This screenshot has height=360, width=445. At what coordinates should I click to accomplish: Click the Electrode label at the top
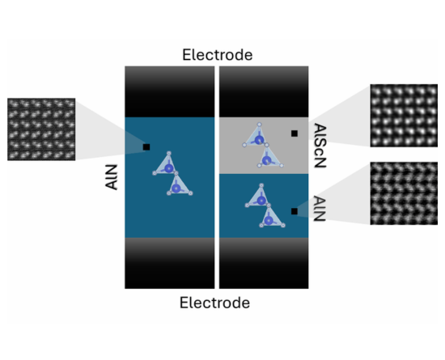click(218, 55)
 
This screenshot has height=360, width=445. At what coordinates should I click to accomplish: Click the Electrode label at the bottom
click(215, 303)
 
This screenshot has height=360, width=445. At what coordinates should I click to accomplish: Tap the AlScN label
click(320, 146)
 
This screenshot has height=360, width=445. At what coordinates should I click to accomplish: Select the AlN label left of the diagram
click(112, 177)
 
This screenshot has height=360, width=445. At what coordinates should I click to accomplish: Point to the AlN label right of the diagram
click(320, 209)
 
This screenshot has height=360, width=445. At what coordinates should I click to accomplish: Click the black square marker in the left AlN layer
click(146, 147)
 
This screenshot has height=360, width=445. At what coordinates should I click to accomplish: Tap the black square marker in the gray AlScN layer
click(295, 133)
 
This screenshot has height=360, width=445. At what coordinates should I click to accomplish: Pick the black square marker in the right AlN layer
click(295, 211)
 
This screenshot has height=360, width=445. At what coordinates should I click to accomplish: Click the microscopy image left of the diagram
click(41, 129)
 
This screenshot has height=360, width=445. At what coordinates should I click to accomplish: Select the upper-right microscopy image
click(404, 116)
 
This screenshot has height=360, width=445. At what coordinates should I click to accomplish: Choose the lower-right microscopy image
click(404, 193)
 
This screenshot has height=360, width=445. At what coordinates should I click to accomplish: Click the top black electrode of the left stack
click(170, 91)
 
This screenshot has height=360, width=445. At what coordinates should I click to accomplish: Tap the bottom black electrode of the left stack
click(170, 263)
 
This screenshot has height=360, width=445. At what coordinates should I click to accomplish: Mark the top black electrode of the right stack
click(264, 91)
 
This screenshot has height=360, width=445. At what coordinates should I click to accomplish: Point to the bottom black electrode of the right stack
click(264, 263)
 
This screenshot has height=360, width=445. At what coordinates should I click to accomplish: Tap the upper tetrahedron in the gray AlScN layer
click(255, 137)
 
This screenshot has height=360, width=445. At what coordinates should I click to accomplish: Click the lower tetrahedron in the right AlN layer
click(271, 218)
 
